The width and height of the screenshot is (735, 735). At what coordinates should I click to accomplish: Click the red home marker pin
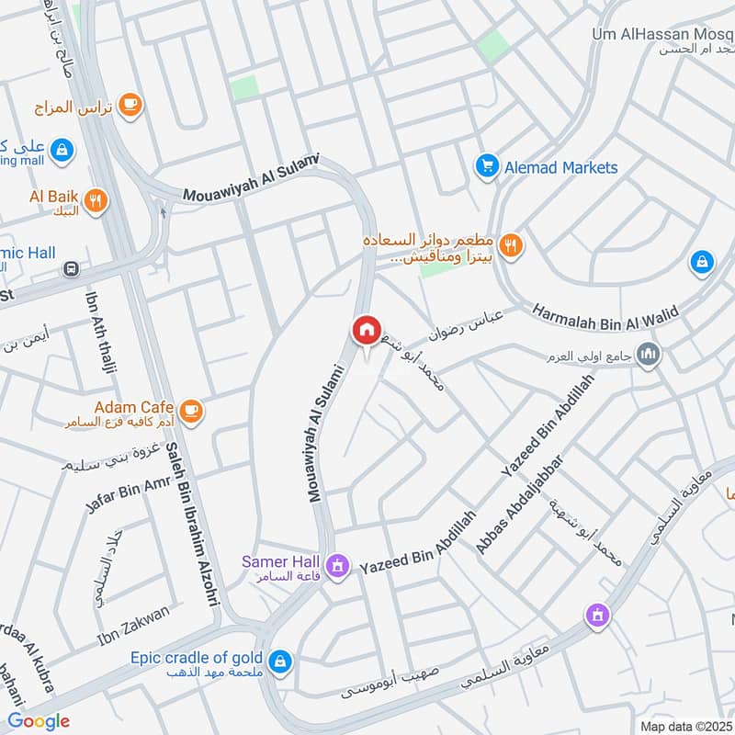pos(365,330)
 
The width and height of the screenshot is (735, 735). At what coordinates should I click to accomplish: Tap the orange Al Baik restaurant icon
pos(95,200)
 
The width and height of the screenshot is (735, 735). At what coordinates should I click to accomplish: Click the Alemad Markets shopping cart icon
pos(486,166)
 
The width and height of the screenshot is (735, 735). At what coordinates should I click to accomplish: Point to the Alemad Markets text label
pos(560,167)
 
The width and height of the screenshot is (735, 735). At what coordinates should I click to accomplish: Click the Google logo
pos(39,721)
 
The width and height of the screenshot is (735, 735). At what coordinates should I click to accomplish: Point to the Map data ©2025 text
pos(684,726)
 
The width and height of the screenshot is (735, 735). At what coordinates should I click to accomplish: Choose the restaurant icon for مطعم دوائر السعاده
pos(513,245)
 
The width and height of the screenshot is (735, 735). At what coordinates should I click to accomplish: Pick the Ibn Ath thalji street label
pos(101,345)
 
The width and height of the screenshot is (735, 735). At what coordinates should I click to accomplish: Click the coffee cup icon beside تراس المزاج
pos(130,104)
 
